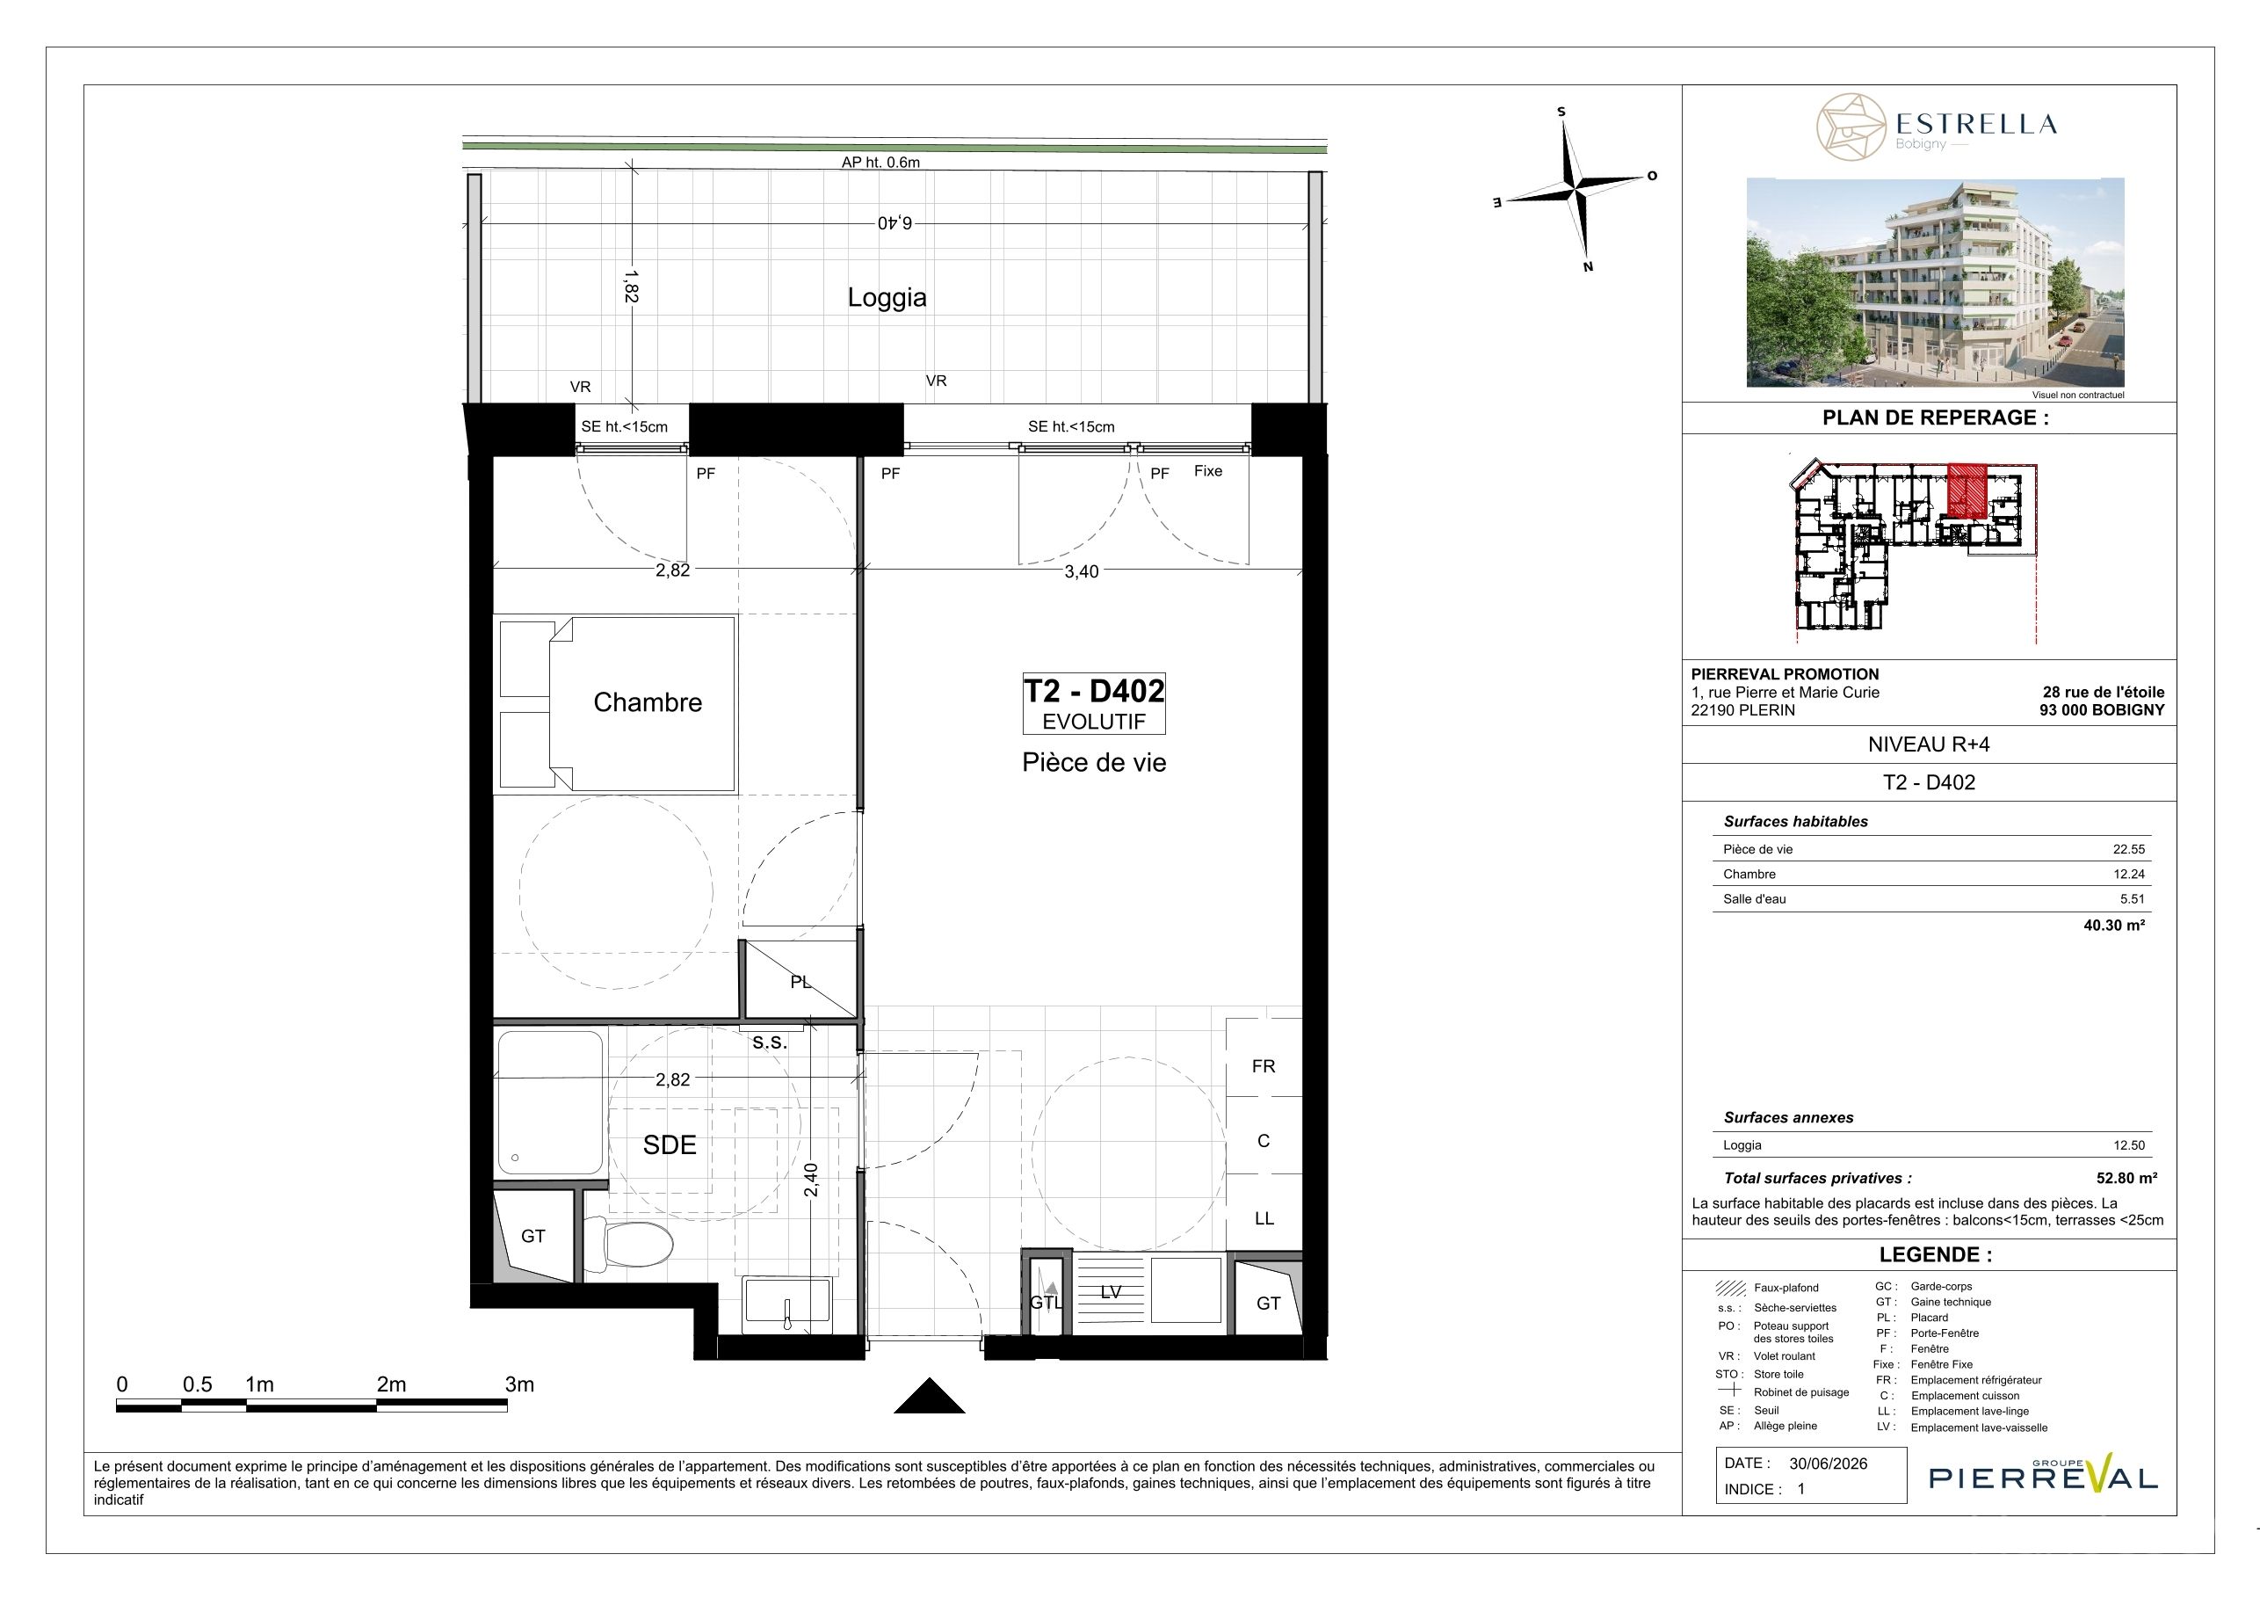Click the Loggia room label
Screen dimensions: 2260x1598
pyautogui.click(x=887, y=297)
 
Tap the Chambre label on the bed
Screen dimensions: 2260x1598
pyautogui.click(x=648, y=702)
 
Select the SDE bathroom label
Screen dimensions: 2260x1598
pyautogui.click(x=670, y=1144)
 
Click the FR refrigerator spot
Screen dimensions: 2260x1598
pyautogui.click(x=1263, y=1066)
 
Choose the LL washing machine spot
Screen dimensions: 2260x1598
pyautogui.click(x=1264, y=1218)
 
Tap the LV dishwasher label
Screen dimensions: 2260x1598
pyautogui.click(x=1111, y=1292)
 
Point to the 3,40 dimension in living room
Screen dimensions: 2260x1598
pyautogui.click(x=1081, y=571)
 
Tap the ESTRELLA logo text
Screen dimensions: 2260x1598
pyautogui.click(x=1975, y=124)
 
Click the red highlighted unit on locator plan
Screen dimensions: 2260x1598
pyautogui.click(x=1967, y=490)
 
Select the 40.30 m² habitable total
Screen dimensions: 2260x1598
pyautogui.click(x=2114, y=925)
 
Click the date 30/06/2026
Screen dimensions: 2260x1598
pyautogui.click(x=1828, y=1464)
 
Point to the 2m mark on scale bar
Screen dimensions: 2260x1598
pyautogui.click(x=391, y=1384)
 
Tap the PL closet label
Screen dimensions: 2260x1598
pyautogui.click(x=800, y=982)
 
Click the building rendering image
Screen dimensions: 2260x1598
pyautogui.click(x=1935, y=282)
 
